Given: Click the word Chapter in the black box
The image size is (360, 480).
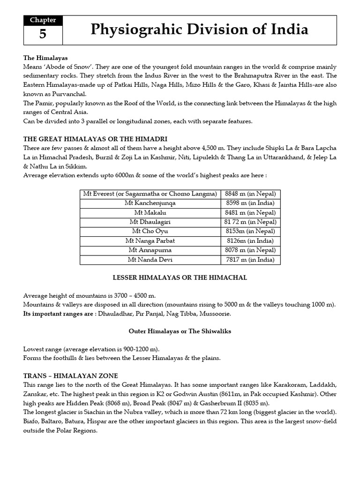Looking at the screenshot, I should click(43, 20).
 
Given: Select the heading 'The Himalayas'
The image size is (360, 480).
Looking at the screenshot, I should click(45, 58).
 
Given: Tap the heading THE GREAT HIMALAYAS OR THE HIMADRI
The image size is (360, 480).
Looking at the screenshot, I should click(95, 139).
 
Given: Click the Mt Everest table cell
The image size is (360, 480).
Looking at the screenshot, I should click(150, 194).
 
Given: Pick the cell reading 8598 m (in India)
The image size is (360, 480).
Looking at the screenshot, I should click(250, 203).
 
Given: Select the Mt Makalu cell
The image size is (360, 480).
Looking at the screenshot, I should click(150, 212).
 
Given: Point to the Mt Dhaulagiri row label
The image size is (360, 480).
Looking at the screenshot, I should click(150, 222).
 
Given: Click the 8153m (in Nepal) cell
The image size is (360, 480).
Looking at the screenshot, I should click(250, 231).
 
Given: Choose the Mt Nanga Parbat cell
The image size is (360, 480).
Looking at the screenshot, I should click(150, 240).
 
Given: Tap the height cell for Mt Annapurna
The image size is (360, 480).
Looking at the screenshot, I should click(250, 250).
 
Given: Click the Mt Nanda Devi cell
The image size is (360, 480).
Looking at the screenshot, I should click(150, 259).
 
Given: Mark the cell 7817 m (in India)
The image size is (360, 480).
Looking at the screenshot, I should click(250, 259).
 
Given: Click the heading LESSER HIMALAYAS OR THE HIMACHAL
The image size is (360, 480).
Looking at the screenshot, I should click(180, 277).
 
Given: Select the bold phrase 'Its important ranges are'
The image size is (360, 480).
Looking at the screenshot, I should click(59, 313).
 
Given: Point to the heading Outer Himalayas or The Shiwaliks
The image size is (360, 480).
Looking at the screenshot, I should click(180, 331).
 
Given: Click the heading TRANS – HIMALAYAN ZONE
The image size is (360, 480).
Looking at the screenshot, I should click(71, 375).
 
